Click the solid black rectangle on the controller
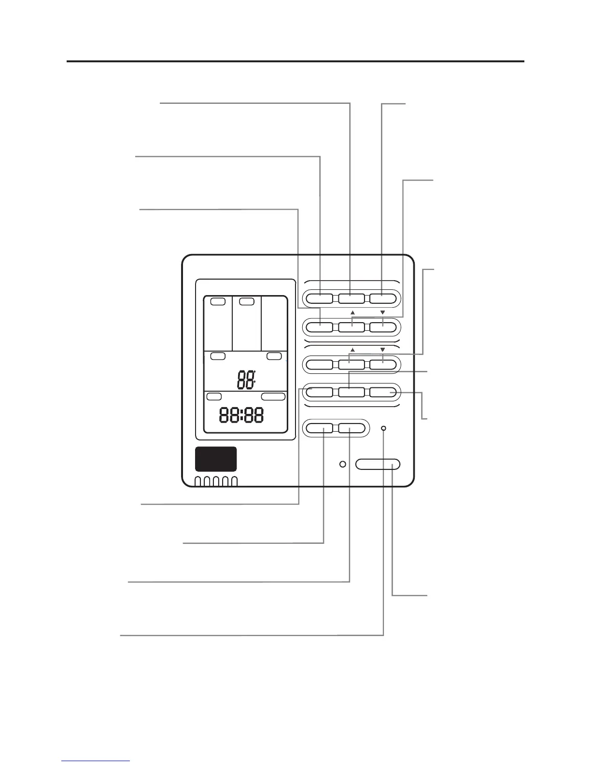tap(215, 459)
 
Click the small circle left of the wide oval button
tap(342, 465)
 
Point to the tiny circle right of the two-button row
tap(384, 428)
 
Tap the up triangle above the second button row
tap(352, 312)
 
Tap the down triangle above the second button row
tap(382, 312)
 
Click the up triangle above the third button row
tap(352, 349)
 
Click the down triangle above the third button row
tap(382, 349)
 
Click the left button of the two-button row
tap(320, 428)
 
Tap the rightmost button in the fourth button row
tap(383, 392)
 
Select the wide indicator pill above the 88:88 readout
tap(273, 397)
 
